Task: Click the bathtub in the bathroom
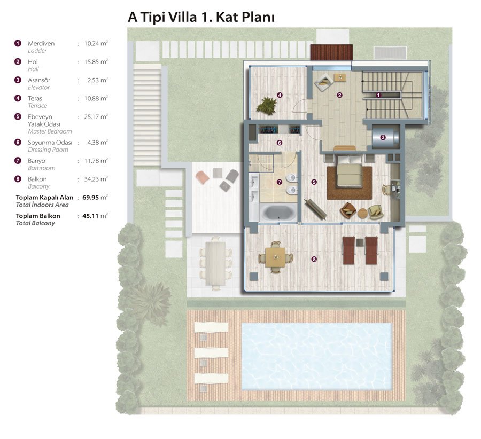point(278,212)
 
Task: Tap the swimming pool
point(317,356)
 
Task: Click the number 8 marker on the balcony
point(314,259)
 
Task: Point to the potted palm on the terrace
point(266,106)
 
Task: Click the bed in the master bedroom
point(349,171)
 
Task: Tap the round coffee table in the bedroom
point(362,213)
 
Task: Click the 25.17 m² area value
point(96,117)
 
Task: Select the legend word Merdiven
point(41,44)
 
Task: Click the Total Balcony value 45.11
point(90,216)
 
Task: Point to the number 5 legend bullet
point(18,116)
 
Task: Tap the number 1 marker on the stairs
point(378,96)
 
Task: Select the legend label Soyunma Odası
point(50,143)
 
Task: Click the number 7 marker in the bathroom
point(280,182)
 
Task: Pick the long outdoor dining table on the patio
point(215,263)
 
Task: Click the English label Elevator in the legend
point(38,88)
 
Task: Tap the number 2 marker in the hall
point(339,96)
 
